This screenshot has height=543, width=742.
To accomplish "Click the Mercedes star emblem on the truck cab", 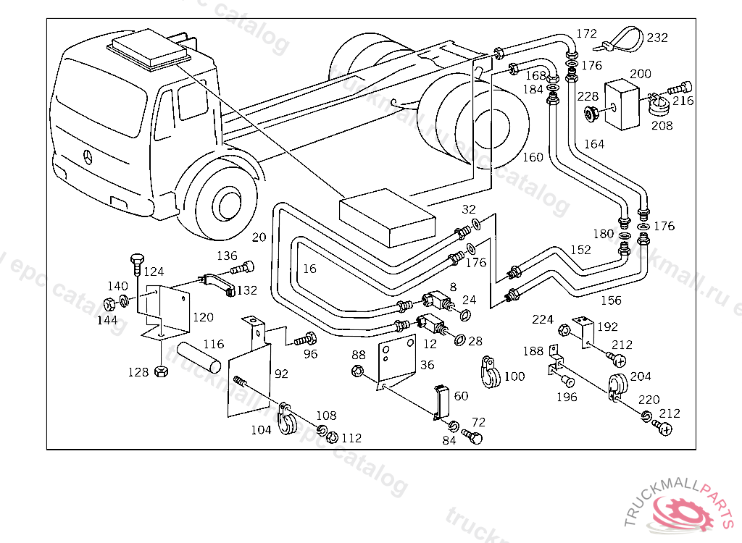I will (x=88, y=157).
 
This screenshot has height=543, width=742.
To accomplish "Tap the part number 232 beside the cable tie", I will (x=657, y=38).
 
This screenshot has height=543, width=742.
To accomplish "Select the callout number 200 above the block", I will (x=641, y=74).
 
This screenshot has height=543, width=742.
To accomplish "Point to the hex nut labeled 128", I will (x=162, y=372).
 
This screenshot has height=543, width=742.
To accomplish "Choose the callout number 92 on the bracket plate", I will (x=281, y=374).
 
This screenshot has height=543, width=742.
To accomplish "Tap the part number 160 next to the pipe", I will (x=533, y=158).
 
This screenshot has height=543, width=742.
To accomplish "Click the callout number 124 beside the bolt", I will (x=154, y=272).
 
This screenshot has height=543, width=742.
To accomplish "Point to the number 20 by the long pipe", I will (x=259, y=237).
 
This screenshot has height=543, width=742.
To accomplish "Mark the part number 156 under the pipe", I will (x=611, y=300).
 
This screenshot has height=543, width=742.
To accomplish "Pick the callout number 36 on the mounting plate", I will (x=427, y=365).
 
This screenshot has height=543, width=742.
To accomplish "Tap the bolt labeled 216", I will (x=682, y=88).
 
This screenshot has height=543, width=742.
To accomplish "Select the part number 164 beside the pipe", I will (x=593, y=144).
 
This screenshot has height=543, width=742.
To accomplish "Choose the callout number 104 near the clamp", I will (x=261, y=430).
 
